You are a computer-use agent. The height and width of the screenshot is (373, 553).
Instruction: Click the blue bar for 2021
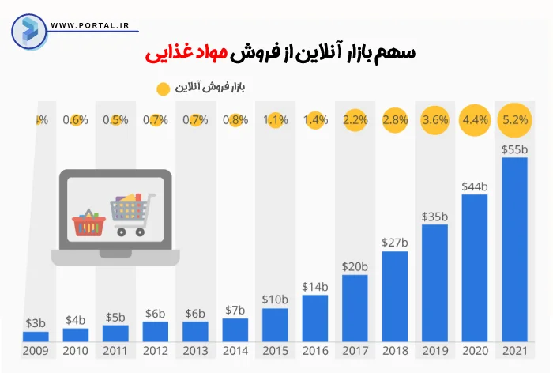pyautogui.click(x=514, y=249)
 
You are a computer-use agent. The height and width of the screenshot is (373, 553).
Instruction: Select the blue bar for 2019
pyautogui.click(x=434, y=283)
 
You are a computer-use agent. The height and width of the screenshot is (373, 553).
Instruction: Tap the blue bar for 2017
pyautogui.click(x=355, y=307)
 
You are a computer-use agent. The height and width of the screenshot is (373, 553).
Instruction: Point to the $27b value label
pyautogui.click(x=394, y=242)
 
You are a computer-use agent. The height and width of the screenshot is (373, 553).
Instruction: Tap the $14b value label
pyautogui.click(x=314, y=286)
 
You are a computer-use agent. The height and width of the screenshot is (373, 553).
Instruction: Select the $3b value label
pyautogui.click(x=36, y=322)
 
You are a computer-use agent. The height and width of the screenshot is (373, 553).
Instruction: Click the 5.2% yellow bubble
pyautogui.click(x=514, y=120)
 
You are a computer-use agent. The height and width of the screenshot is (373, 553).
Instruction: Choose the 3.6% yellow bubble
pyautogui.click(x=434, y=120)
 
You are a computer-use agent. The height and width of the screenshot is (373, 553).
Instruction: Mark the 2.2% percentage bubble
pyautogui.click(x=355, y=120)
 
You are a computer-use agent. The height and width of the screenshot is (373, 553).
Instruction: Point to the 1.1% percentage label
pyautogui.click(x=275, y=120)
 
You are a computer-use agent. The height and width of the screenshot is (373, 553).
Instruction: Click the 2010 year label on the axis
pyautogui.click(x=75, y=351)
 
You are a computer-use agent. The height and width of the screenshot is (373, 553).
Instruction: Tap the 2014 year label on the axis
pyautogui.click(x=235, y=351)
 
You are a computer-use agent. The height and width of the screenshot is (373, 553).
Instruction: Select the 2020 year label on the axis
pyautogui.click(x=474, y=351)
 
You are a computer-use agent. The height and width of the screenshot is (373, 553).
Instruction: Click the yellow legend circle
pyautogui.click(x=164, y=88)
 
